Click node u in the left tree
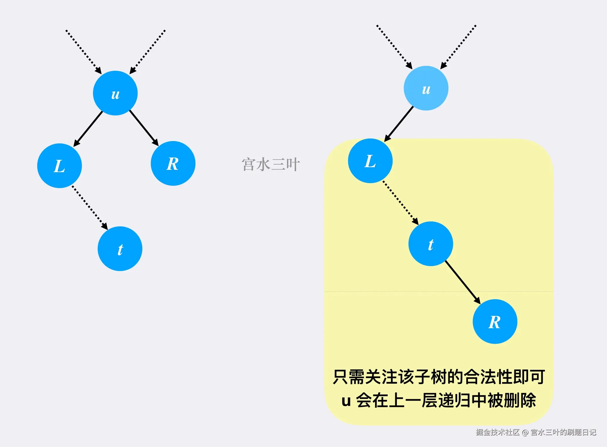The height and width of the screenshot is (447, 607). tap(115, 93)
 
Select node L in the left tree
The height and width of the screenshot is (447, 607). tap(60, 166)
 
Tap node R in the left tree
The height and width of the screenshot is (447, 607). tap(173, 163)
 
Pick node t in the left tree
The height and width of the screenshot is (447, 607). tap(120, 249)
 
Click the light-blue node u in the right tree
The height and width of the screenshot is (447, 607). tap(426, 88)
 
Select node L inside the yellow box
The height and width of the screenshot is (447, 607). tap(370, 161)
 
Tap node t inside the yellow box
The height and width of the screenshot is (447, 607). tap(431, 244)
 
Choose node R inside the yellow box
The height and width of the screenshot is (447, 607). tap(495, 321)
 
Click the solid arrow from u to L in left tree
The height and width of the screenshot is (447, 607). tap(88, 129)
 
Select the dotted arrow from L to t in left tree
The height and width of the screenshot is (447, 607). tap(90, 207)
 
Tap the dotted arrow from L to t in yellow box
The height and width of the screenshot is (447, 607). tap(401, 203)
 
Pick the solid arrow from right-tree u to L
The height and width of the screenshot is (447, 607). tap(399, 124)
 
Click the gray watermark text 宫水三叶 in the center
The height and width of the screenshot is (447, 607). tap(271, 164)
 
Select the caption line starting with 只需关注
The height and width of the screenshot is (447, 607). tap(439, 377)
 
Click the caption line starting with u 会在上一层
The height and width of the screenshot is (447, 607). tap(439, 400)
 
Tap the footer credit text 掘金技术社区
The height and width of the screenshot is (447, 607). tap(498, 432)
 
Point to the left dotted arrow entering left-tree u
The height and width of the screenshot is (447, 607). tap(84, 52)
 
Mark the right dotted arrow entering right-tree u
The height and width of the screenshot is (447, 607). tap(458, 47)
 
